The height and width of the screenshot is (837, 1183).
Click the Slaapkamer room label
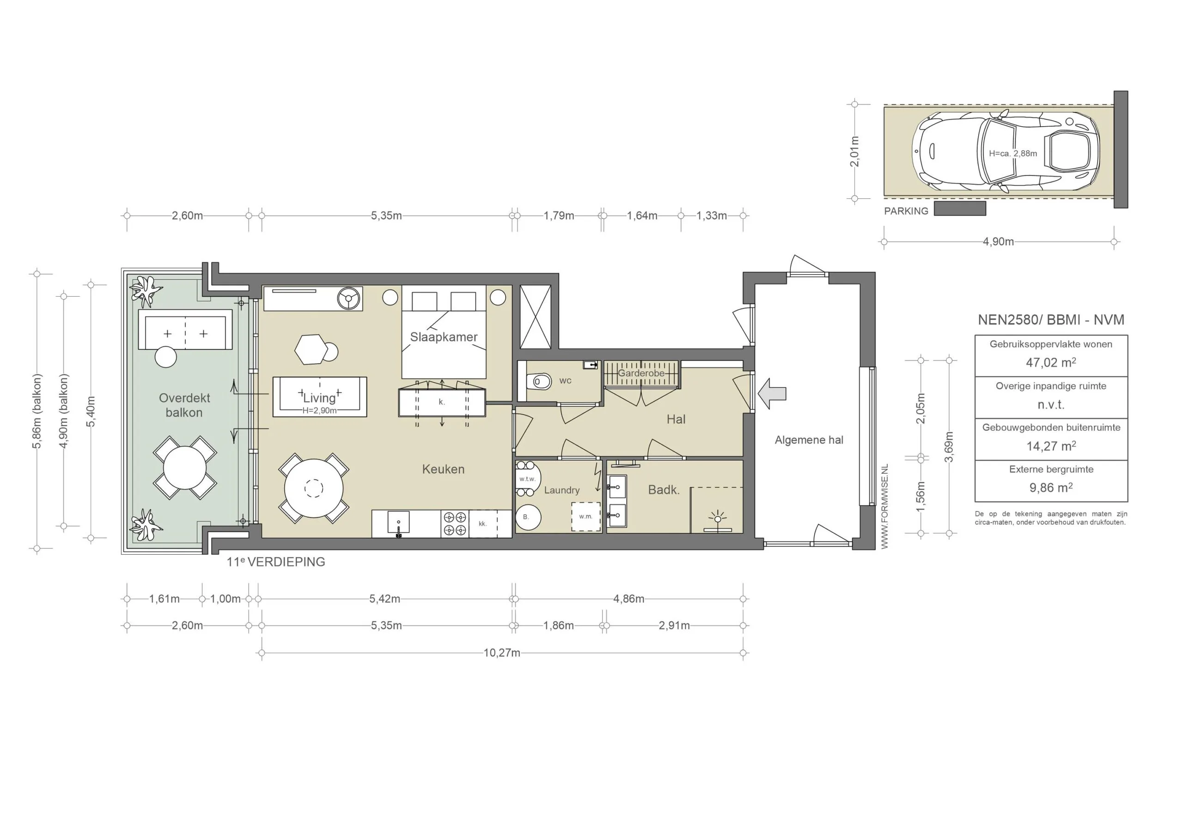[x=444, y=337]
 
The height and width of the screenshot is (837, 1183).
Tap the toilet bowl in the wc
[x=539, y=382]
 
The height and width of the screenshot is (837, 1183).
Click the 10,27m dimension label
[x=501, y=653]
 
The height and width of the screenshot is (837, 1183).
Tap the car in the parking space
[x=1005, y=152]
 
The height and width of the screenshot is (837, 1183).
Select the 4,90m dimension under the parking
[x=998, y=242]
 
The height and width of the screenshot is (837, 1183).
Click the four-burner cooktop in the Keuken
[x=454, y=524]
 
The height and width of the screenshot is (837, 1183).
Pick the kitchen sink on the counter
[x=398, y=523]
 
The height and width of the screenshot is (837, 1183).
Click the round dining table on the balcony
[x=184, y=467]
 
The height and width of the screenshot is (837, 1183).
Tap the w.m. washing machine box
[x=586, y=516]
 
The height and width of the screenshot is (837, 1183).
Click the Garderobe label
[x=641, y=373]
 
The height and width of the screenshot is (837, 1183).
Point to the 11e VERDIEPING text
[x=276, y=562]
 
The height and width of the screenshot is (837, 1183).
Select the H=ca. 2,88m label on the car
[x=1012, y=153]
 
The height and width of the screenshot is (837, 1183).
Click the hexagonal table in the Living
[x=311, y=349]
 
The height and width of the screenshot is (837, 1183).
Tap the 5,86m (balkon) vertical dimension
[x=37, y=411]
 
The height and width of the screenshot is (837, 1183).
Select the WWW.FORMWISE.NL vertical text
[x=884, y=507]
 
